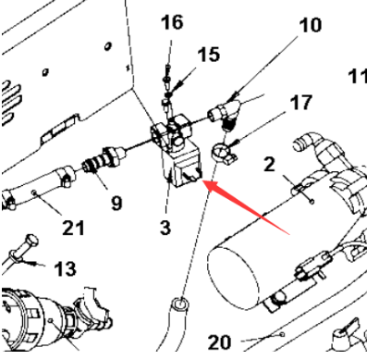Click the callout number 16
[x=171, y=23]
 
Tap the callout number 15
[x=208, y=55]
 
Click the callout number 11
[x=356, y=76]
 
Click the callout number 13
[x=64, y=269]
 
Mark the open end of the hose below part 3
[x=179, y=304]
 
